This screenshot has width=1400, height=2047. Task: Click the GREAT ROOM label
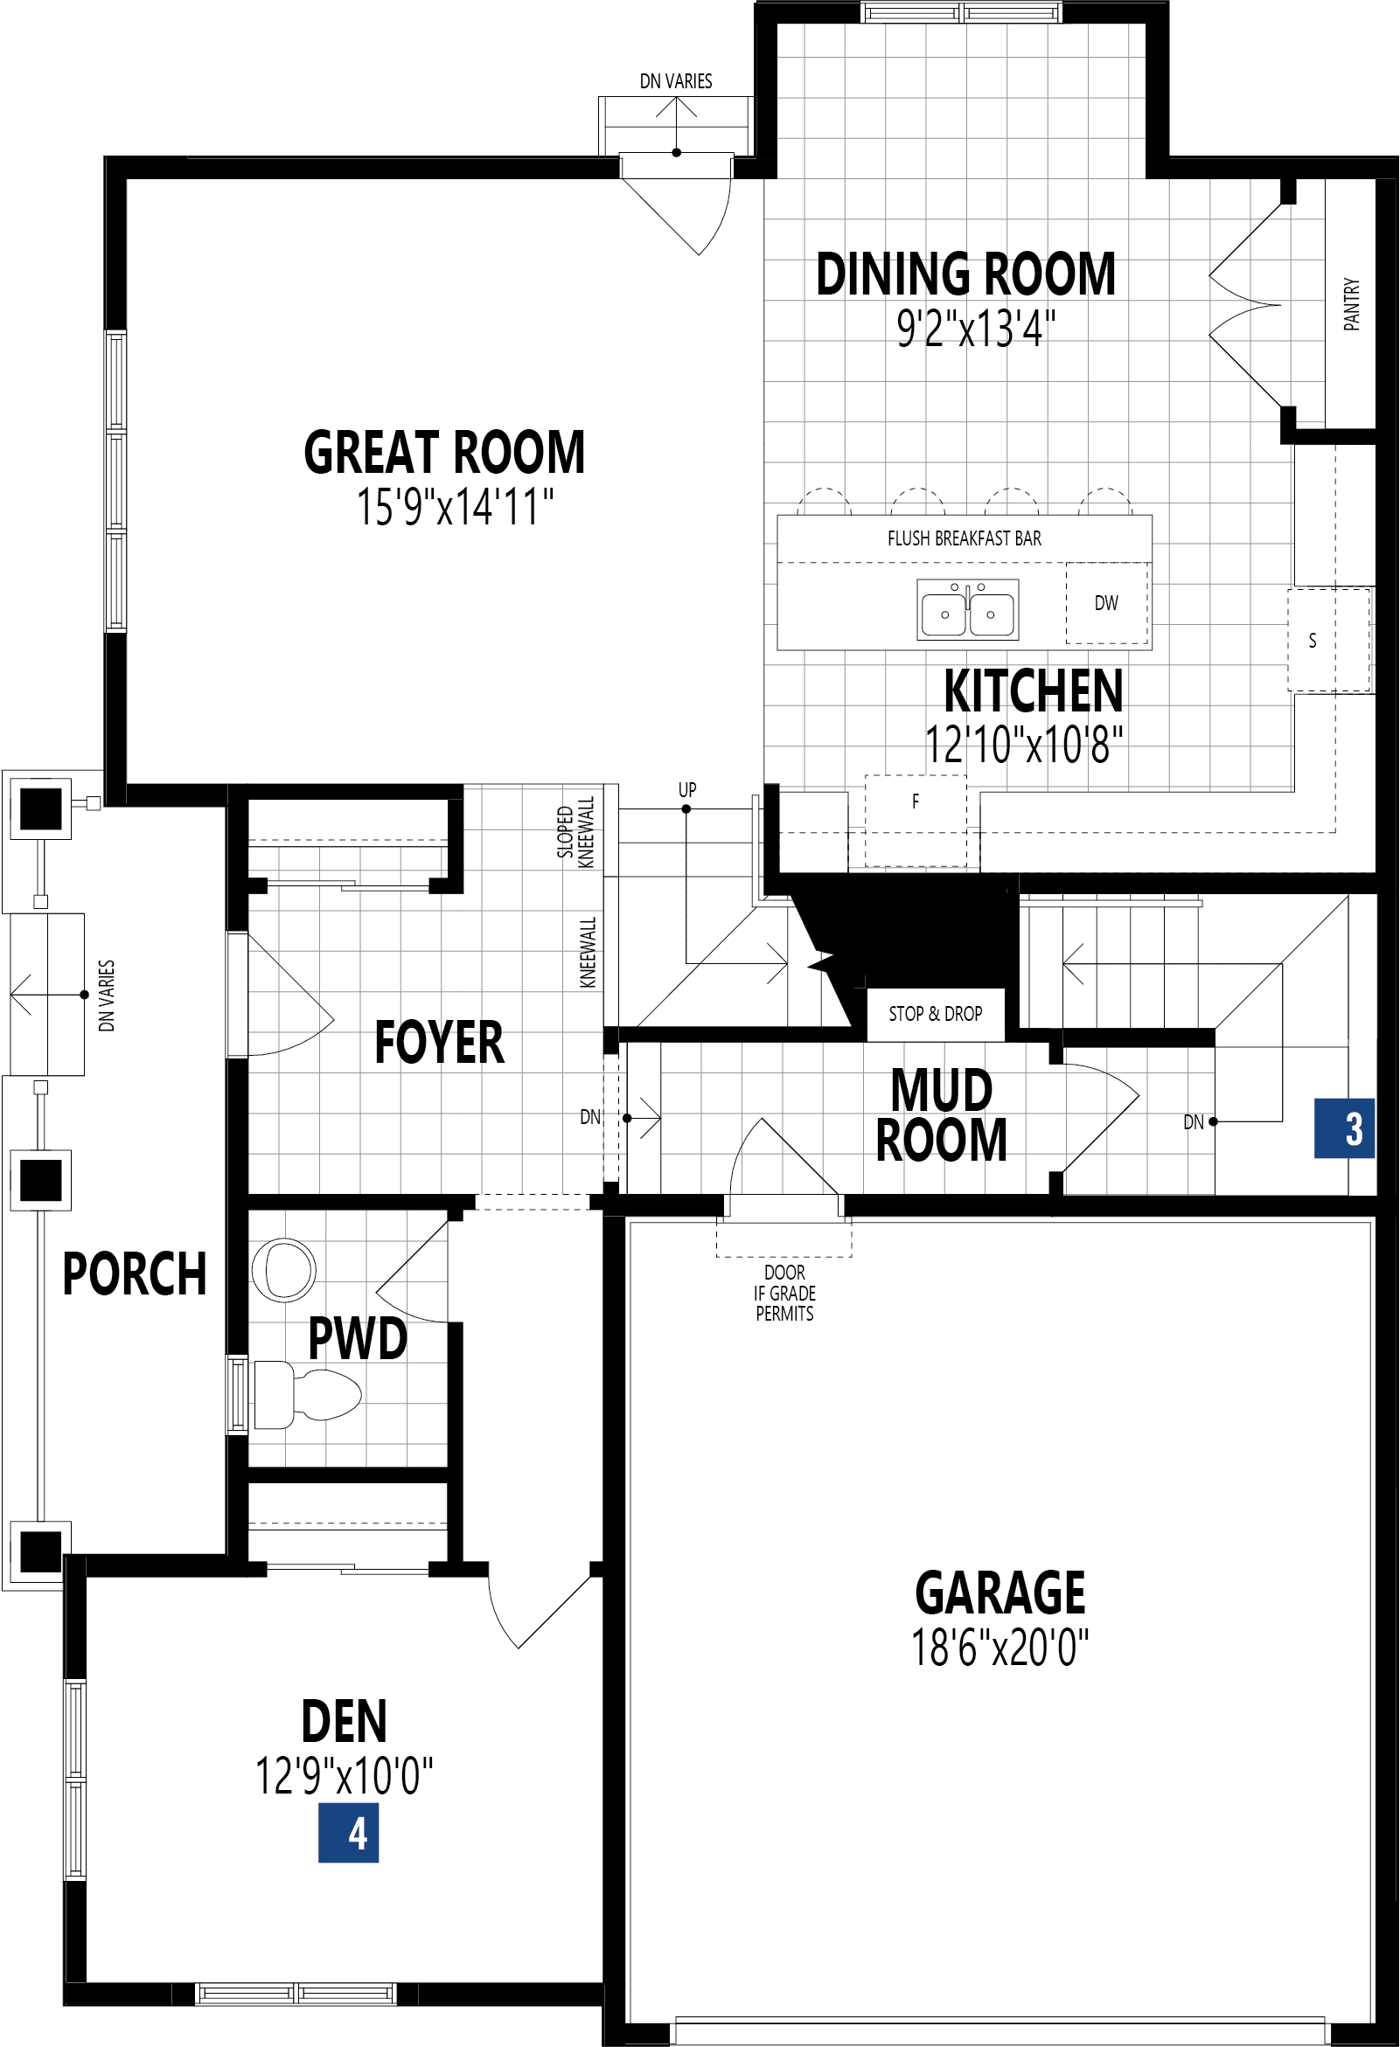tap(444, 453)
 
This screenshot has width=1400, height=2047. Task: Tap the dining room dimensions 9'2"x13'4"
tap(975, 329)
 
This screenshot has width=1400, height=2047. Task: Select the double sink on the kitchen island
tap(967, 609)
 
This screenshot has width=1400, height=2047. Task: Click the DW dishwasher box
tap(1105, 603)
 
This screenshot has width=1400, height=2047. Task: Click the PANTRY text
tap(1351, 304)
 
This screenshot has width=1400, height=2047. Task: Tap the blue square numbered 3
tap(1345, 1128)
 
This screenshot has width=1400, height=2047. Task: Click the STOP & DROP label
tap(935, 1014)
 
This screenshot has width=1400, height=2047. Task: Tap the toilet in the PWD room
tap(309, 1394)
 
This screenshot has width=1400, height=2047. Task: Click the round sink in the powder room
tap(283, 1269)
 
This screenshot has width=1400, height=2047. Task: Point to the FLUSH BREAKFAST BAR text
tap(964, 538)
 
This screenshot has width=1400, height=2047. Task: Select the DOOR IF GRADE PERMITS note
tap(784, 1293)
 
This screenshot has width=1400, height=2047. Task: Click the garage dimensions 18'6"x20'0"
tap(1000, 1648)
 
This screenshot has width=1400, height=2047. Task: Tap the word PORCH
tap(134, 1273)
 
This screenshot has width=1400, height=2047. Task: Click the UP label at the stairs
tap(687, 789)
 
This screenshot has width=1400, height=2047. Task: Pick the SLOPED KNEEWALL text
tap(575, 832)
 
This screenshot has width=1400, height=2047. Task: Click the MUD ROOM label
tap(941, 1115)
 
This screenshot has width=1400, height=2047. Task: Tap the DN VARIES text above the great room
tap(676, 81)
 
